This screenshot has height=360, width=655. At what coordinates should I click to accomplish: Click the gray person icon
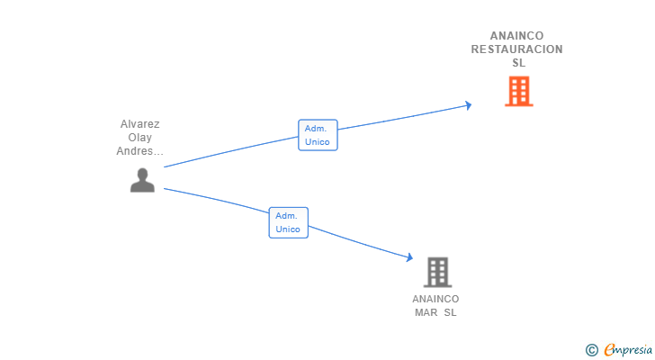click(x=142, y=180)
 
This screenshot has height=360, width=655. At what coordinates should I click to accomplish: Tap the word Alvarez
click(x=139, y=124)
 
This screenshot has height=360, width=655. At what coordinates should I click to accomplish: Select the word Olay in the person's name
click(x=139, y=138)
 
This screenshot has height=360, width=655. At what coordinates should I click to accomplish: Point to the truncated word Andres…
click(x=140, y=151)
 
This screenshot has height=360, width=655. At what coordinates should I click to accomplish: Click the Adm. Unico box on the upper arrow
click(x=318, y=135)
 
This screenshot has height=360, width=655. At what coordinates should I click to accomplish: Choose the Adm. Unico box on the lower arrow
click(x=288, y=222)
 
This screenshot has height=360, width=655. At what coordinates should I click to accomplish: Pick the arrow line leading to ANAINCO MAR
click(x=360, y=242)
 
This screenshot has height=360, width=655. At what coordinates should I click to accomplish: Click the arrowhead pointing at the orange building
click(x=467, y=105)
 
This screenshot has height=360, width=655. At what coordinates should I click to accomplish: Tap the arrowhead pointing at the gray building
click(x=408, y=259)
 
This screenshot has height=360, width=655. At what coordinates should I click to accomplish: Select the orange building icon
click(x=518, y=91)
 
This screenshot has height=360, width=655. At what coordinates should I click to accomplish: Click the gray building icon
click(x=437, y=272)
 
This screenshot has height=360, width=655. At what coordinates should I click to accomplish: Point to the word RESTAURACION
click(x=516, y=49)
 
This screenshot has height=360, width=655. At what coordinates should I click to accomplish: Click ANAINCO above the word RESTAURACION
click(x=516, y=36)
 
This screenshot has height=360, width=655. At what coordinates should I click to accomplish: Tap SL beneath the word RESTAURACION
click(x=518, y=63)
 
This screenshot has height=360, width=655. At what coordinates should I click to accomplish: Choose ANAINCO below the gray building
click(x=435, y=299)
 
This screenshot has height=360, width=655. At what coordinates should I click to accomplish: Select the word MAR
click(x=426, y=312)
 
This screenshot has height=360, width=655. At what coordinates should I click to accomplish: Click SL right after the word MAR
click(x=450, y=312)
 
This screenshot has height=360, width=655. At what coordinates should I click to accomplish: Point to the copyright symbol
click(x=591, y=350)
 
